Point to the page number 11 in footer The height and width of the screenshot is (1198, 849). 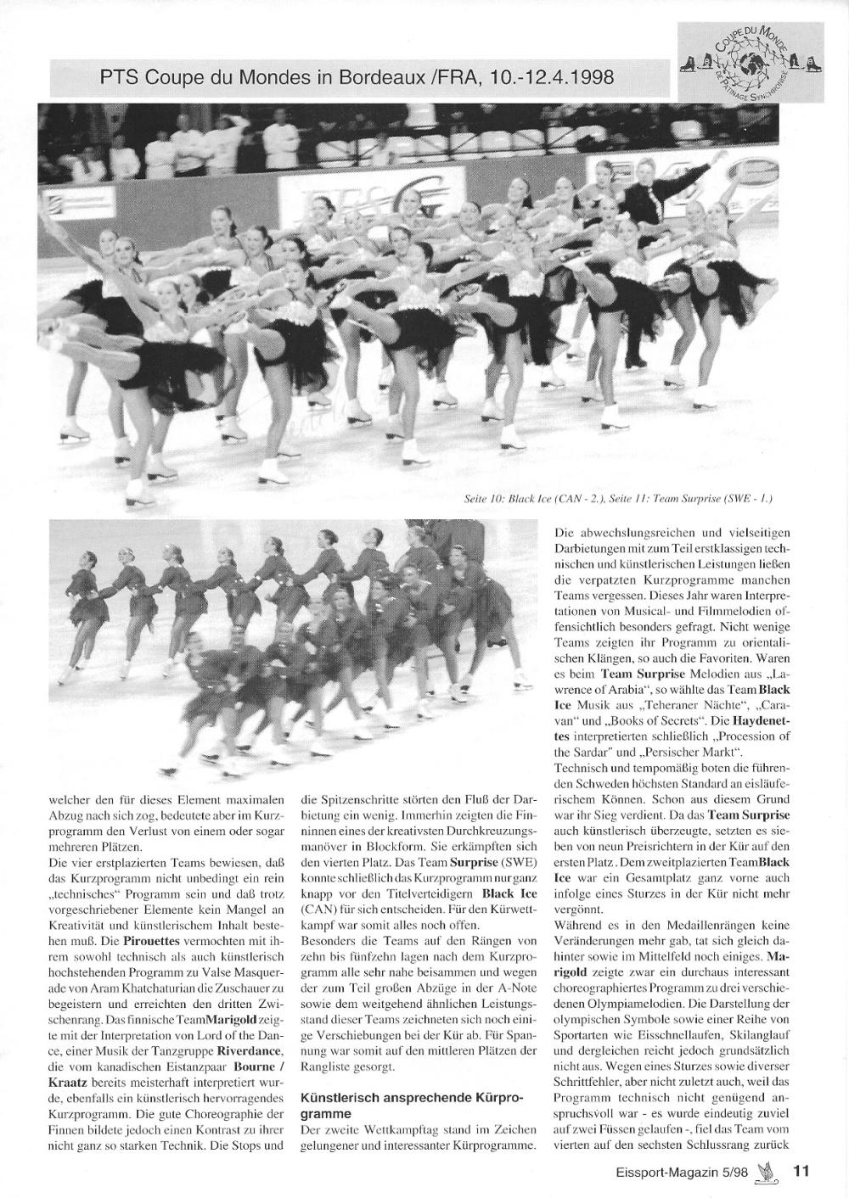tap(801, 1172)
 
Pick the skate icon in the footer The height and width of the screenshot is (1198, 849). tap(771, 1172)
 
